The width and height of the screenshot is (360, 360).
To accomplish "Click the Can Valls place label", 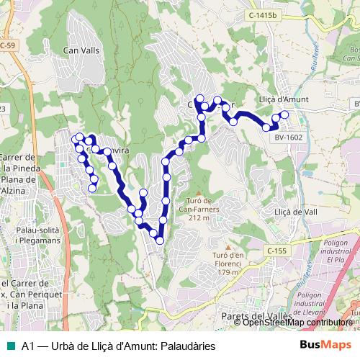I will (x=81, y=50).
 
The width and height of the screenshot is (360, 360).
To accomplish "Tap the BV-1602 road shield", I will (x=289, y=137).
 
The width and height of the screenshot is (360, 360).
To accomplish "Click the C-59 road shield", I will (x=6, y=45).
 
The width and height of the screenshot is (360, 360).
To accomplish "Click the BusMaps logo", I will (x=326, y=345).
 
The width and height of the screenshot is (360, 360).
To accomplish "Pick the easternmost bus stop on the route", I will (x=284, y=114).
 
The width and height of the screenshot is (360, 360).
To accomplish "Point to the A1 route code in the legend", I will (x=29, y=346).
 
